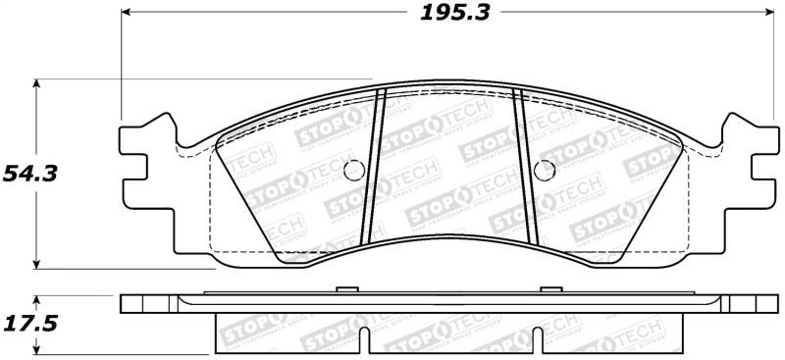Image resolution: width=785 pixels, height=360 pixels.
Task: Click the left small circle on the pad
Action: [x=355, y=169]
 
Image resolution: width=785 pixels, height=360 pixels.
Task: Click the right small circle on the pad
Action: [x=542, y=169]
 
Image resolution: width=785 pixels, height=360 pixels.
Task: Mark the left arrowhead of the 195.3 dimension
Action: [x=127, y=13]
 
